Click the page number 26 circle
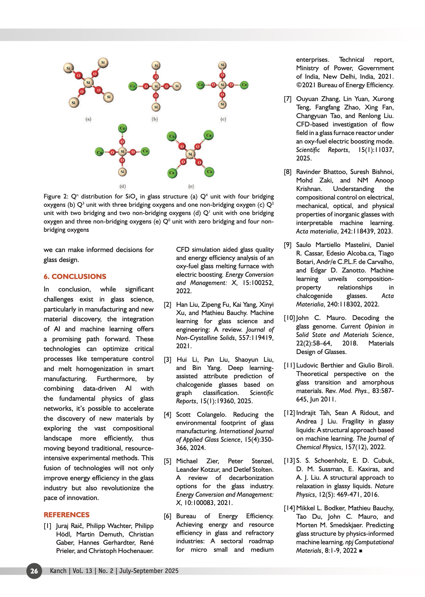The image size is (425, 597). (x=34, y=571)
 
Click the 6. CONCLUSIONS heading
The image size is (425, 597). (x=75, y=276)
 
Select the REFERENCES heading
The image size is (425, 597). (x=66, y=515)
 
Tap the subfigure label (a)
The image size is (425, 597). (x=88, y=119)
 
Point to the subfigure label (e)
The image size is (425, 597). (x=191, y=186)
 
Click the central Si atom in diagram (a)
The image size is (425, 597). (x=88, y=82)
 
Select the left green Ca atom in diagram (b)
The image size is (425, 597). (x=133, y=86)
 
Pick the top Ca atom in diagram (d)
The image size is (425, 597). (x=122, y=128)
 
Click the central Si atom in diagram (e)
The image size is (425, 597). (x=190, y=154)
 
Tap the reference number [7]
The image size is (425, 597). (x=287, y=99)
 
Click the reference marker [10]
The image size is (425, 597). (x=289, y=318)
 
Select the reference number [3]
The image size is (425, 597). (x=167, y=359)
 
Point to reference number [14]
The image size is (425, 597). (x=289, y=508)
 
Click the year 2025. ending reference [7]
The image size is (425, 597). (x=304, y=158)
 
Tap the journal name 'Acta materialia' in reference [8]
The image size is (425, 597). (x=316, y=231)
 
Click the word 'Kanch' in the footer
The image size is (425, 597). (x=58, y=571)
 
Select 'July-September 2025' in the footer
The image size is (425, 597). (x=149, y=571)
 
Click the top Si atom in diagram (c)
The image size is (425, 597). (x=222, y=65)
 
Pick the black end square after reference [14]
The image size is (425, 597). (x=361, y=551)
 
